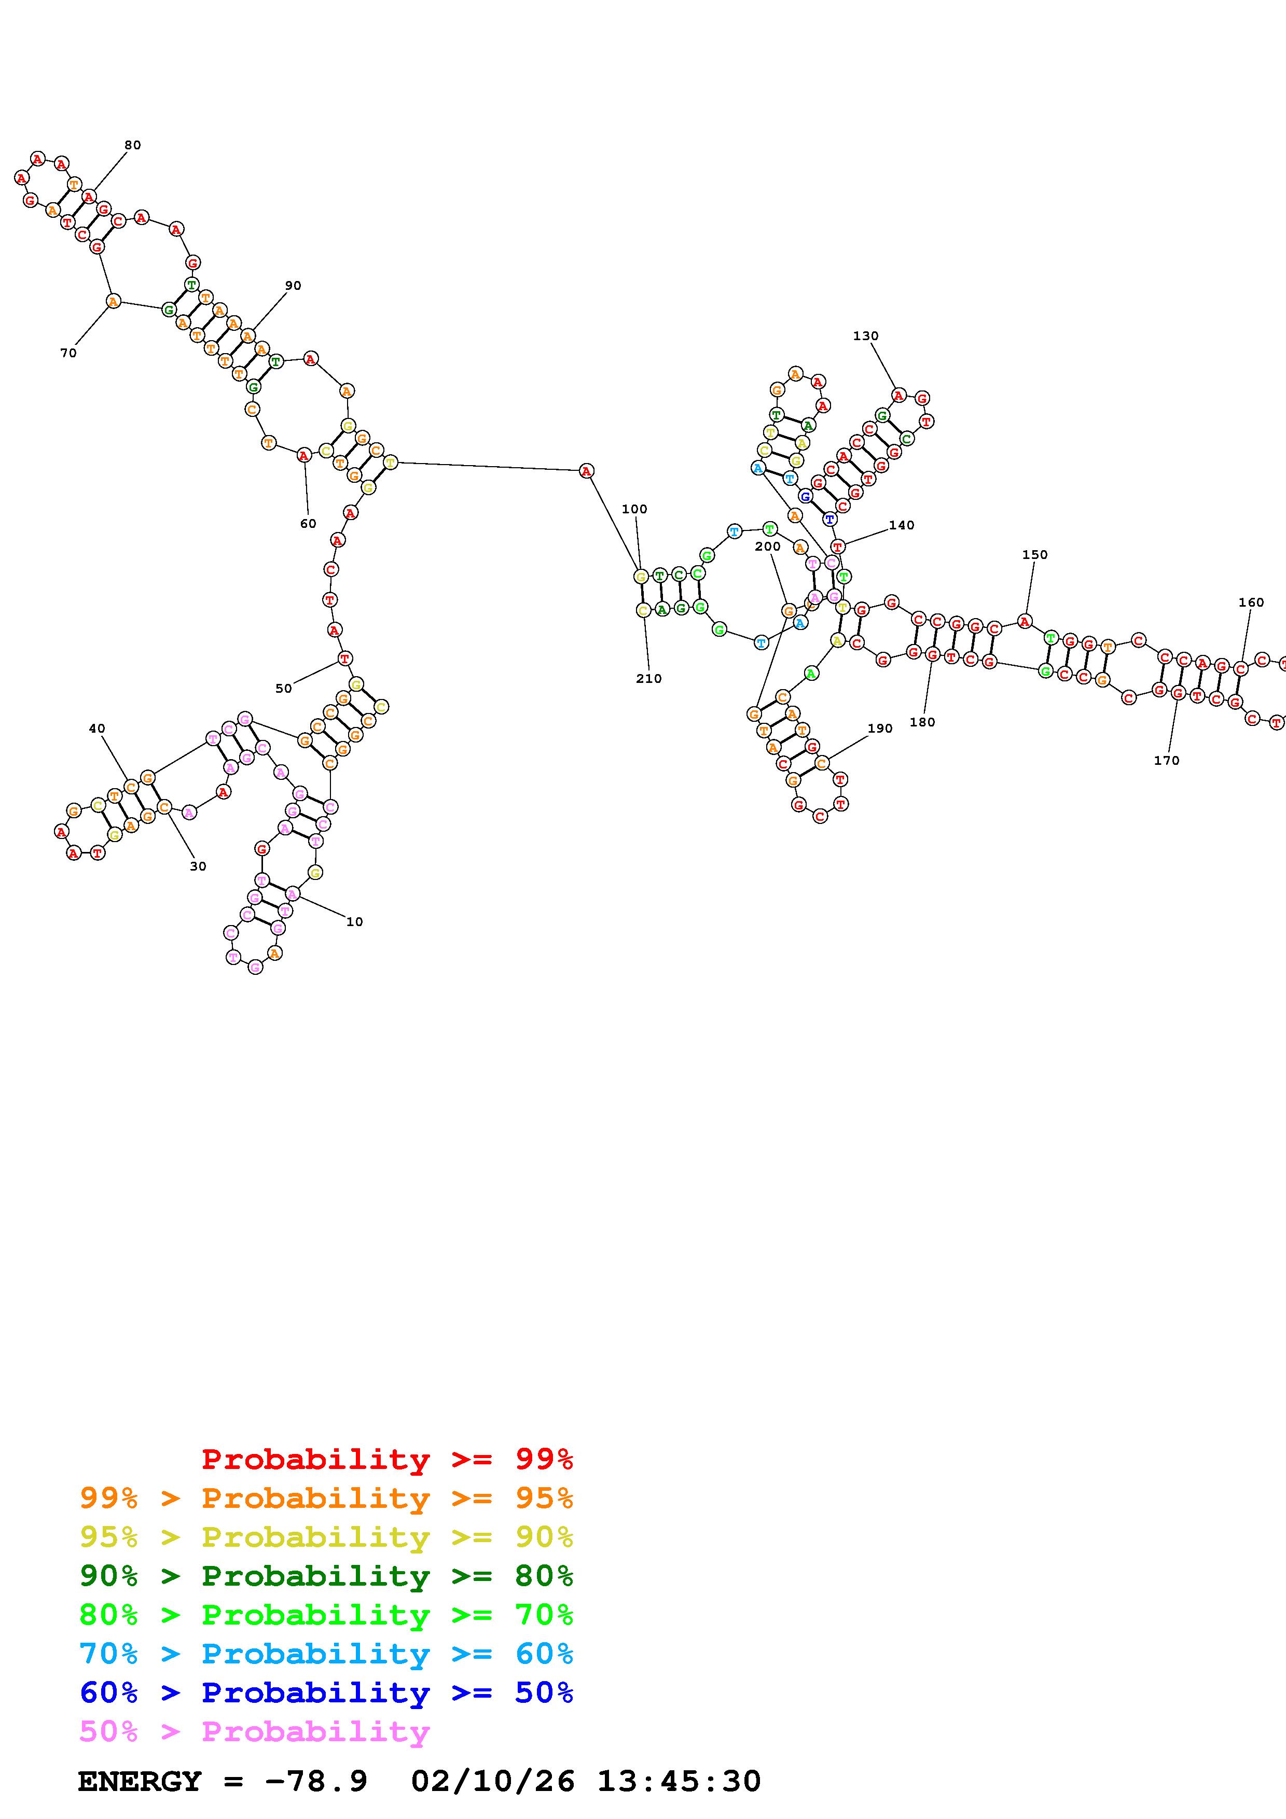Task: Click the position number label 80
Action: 132,145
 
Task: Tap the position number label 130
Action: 865,336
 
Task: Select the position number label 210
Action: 648,678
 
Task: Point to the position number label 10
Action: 354,921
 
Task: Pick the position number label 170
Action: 1166,761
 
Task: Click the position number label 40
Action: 96,728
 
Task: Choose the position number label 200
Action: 768,546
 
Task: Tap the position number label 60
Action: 308,524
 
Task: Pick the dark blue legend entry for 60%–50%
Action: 326,1692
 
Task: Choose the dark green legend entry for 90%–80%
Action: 326,1576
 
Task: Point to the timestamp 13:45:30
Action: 678,1781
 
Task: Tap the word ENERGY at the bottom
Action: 140,1781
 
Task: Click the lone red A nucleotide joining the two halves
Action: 586,471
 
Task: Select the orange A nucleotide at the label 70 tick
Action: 113,301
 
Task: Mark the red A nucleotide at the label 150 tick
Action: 1025,621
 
